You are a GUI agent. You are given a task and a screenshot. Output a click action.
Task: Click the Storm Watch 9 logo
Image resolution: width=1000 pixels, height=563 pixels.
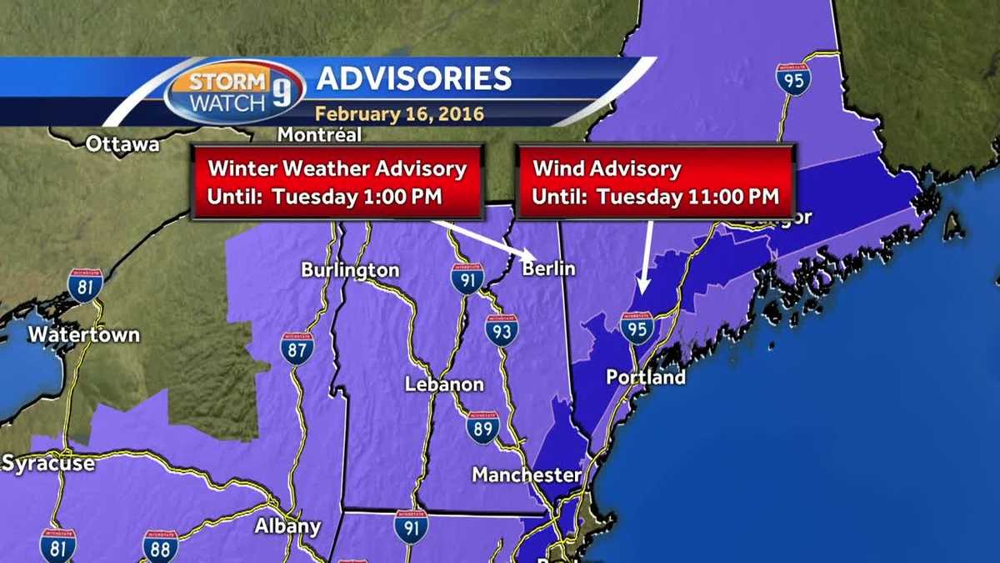[x=235, y=92]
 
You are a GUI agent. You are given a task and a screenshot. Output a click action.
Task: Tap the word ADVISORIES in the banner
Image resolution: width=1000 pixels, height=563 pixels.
[x=413, y=78]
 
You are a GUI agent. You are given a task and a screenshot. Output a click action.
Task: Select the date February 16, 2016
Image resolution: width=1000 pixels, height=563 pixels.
[x=399, y=113]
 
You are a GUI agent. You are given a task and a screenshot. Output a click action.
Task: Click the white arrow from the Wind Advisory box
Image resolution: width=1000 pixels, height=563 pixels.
[x=645, y=259]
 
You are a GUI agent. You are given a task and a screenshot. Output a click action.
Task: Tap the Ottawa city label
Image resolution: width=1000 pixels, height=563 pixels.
[x=122, y=144]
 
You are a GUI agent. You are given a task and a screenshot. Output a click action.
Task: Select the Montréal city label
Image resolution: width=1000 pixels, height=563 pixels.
[x=319, y=134]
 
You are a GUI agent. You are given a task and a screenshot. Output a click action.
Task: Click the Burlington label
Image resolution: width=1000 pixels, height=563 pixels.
[x=350, y=270]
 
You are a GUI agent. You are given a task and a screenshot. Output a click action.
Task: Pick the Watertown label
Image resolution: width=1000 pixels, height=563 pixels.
[x=83, y=335]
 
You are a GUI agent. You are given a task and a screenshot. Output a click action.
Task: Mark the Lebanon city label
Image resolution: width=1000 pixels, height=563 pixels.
[x=444, y=385]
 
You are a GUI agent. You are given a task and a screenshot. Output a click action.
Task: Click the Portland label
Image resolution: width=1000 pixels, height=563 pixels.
[x=646, y=378]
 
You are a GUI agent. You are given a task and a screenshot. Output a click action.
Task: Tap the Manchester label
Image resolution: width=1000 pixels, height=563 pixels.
[x=526, y=475]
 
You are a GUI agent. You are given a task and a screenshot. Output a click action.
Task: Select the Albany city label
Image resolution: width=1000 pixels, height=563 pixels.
[x=287, y=526]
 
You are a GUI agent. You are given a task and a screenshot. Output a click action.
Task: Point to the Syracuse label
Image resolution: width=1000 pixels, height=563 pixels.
[x=47, y=464]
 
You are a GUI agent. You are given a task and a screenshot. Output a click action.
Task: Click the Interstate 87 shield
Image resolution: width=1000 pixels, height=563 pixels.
[x=297, y=349]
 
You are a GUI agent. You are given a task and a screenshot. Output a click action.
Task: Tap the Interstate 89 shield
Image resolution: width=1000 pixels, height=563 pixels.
[x=482, y=427]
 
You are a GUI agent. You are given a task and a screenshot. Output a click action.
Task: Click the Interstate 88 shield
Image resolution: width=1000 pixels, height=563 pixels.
[x=160, y=545]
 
